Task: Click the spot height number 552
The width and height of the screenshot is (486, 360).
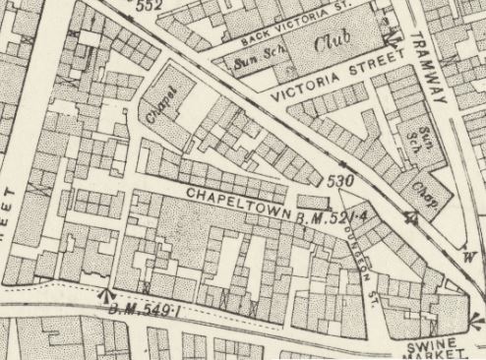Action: click(x=149, y=6)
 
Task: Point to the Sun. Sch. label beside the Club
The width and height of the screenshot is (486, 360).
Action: click(x=256, y=63)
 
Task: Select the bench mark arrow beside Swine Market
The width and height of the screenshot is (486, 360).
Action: click(x=476, y=318)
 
